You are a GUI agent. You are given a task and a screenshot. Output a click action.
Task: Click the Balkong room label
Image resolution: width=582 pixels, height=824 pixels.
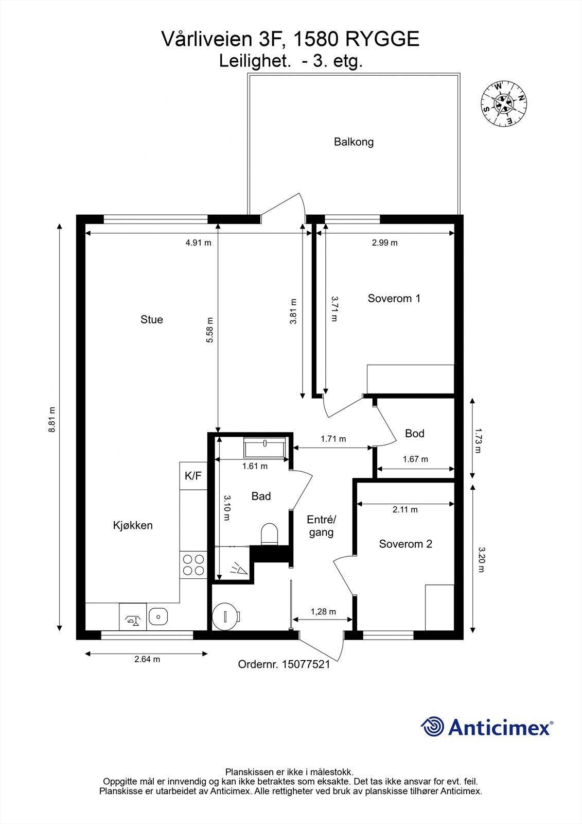pos(354,142)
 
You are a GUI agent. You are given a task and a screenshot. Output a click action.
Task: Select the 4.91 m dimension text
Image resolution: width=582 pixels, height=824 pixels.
pos(198,243)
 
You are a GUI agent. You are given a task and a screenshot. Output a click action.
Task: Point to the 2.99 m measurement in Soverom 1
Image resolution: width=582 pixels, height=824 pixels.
pos(384,243)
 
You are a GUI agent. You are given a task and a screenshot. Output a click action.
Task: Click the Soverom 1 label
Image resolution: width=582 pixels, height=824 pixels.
pos(394,298)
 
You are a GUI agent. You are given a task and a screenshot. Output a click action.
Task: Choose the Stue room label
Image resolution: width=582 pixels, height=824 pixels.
pos(151,319)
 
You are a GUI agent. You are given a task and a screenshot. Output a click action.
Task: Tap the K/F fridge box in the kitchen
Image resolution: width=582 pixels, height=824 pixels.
pos(193,476)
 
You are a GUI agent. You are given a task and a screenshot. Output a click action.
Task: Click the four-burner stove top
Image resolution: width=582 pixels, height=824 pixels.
pos(193,564)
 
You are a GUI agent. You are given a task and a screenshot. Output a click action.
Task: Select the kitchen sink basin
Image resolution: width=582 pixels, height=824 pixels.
pos(158,616)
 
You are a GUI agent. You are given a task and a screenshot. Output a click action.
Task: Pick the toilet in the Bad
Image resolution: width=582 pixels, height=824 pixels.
pos(269,534)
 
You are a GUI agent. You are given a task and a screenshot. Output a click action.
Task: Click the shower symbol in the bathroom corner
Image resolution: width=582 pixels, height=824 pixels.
pos(238,569)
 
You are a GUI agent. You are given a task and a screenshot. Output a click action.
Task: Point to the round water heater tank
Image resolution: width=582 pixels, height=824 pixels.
pos(225,616)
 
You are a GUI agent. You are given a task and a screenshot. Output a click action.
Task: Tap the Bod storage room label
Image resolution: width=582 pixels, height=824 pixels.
pos(414,433)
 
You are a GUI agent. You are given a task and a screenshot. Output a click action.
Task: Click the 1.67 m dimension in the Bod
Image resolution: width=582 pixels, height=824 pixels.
pos(415,459)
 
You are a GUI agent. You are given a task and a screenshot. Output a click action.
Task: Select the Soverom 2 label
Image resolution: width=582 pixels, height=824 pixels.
pos(405,544)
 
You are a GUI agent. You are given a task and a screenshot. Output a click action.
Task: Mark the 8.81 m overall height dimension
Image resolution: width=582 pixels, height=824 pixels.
pos(52,420)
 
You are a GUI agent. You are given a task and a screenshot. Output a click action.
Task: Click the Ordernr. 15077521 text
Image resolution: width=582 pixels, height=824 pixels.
pos(284,664)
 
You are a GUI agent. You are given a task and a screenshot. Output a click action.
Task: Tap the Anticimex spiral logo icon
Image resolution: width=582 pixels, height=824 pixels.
pos(432,727)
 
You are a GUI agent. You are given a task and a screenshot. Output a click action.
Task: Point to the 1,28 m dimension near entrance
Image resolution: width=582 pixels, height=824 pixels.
pos(323,611)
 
